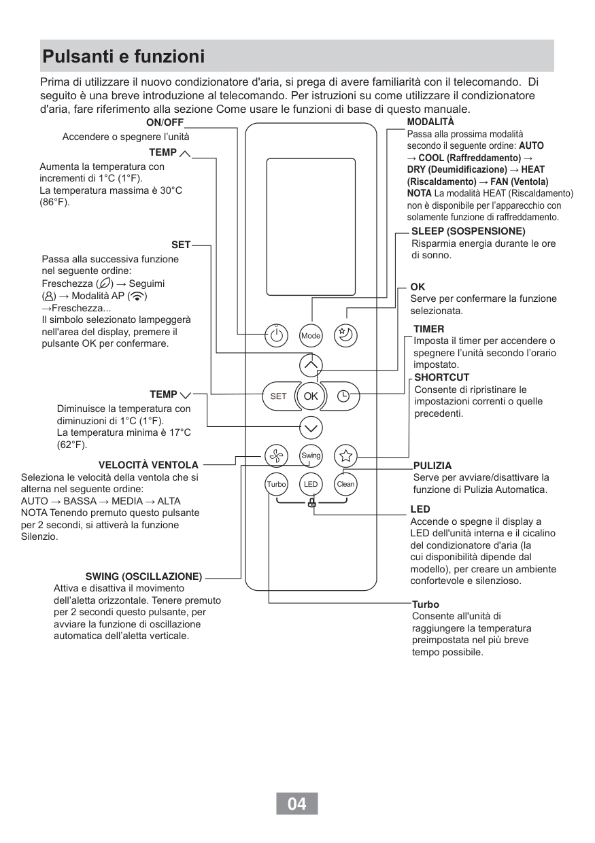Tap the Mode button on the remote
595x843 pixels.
[311, 335]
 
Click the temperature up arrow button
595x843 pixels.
[311, 366]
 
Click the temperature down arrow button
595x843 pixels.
[311, 428]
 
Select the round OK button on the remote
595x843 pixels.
[311, 396]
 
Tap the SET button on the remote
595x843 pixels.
[279, 396]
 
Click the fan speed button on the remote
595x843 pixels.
[276, 455]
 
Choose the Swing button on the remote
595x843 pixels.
[311, 455]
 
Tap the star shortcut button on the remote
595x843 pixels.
[345, 455]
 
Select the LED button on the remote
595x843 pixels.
[311, 484]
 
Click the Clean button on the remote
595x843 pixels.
[345, 484]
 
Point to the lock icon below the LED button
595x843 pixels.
[311, 504]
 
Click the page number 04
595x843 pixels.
[297, 804]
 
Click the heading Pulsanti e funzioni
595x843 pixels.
[123, 56]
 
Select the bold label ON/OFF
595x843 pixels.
[165, 122]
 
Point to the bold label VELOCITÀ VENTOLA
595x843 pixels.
[148, 465]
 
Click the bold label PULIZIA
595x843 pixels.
[432, 466]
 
